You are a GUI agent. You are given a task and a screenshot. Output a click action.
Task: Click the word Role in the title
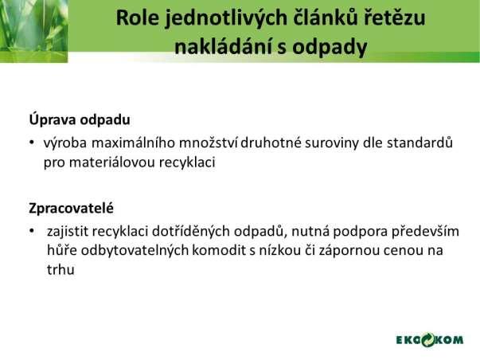click(138, 18)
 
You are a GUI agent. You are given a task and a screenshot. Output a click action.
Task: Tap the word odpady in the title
click(330, 48)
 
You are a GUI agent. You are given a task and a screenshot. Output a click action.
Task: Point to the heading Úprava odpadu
click(80, 119)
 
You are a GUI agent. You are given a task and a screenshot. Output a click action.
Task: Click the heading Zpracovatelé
click(71, 209)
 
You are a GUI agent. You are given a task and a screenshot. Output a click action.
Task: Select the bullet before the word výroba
click(32, 143)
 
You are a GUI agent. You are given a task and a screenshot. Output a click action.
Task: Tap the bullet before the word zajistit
click(32, 231)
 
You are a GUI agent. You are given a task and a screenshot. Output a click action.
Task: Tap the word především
click(425, 231)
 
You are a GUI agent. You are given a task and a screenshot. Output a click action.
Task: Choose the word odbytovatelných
click(135, 250)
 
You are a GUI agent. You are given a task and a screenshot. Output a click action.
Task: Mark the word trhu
click(60, 270)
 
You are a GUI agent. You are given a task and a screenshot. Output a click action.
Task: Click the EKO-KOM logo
click(430, 340)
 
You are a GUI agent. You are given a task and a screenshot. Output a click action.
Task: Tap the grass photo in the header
click(33, 31)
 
